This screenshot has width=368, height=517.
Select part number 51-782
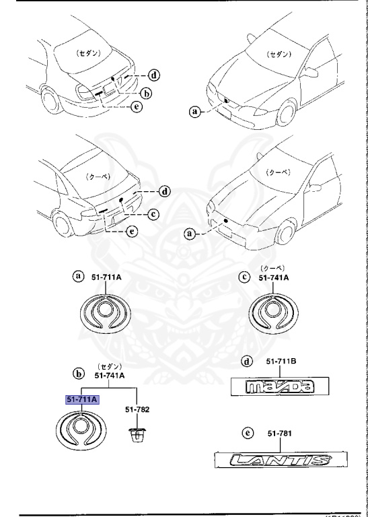[x=138, y=409]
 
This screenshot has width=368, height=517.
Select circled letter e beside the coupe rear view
[x=133, y=231]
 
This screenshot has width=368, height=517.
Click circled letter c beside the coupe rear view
[x=153, y=214]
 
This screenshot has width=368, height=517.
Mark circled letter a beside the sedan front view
[x=196, y=112]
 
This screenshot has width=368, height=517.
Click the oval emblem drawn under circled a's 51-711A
[x=104, y=312]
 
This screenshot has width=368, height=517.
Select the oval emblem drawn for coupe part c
[x=276, y=314]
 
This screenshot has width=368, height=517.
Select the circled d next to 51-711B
[x=247, y=361]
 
